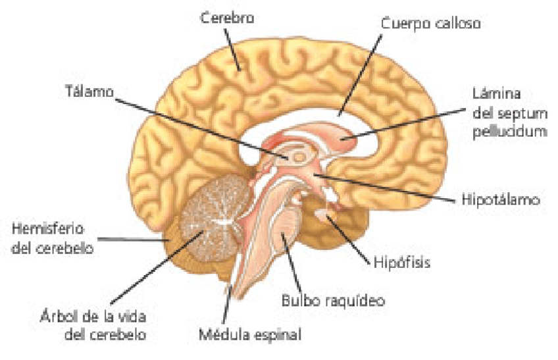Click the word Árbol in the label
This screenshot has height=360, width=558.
tap(54, 317)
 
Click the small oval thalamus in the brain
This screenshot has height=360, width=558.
tap(299, 157)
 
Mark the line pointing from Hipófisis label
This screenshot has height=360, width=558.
tap(351, 237)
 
